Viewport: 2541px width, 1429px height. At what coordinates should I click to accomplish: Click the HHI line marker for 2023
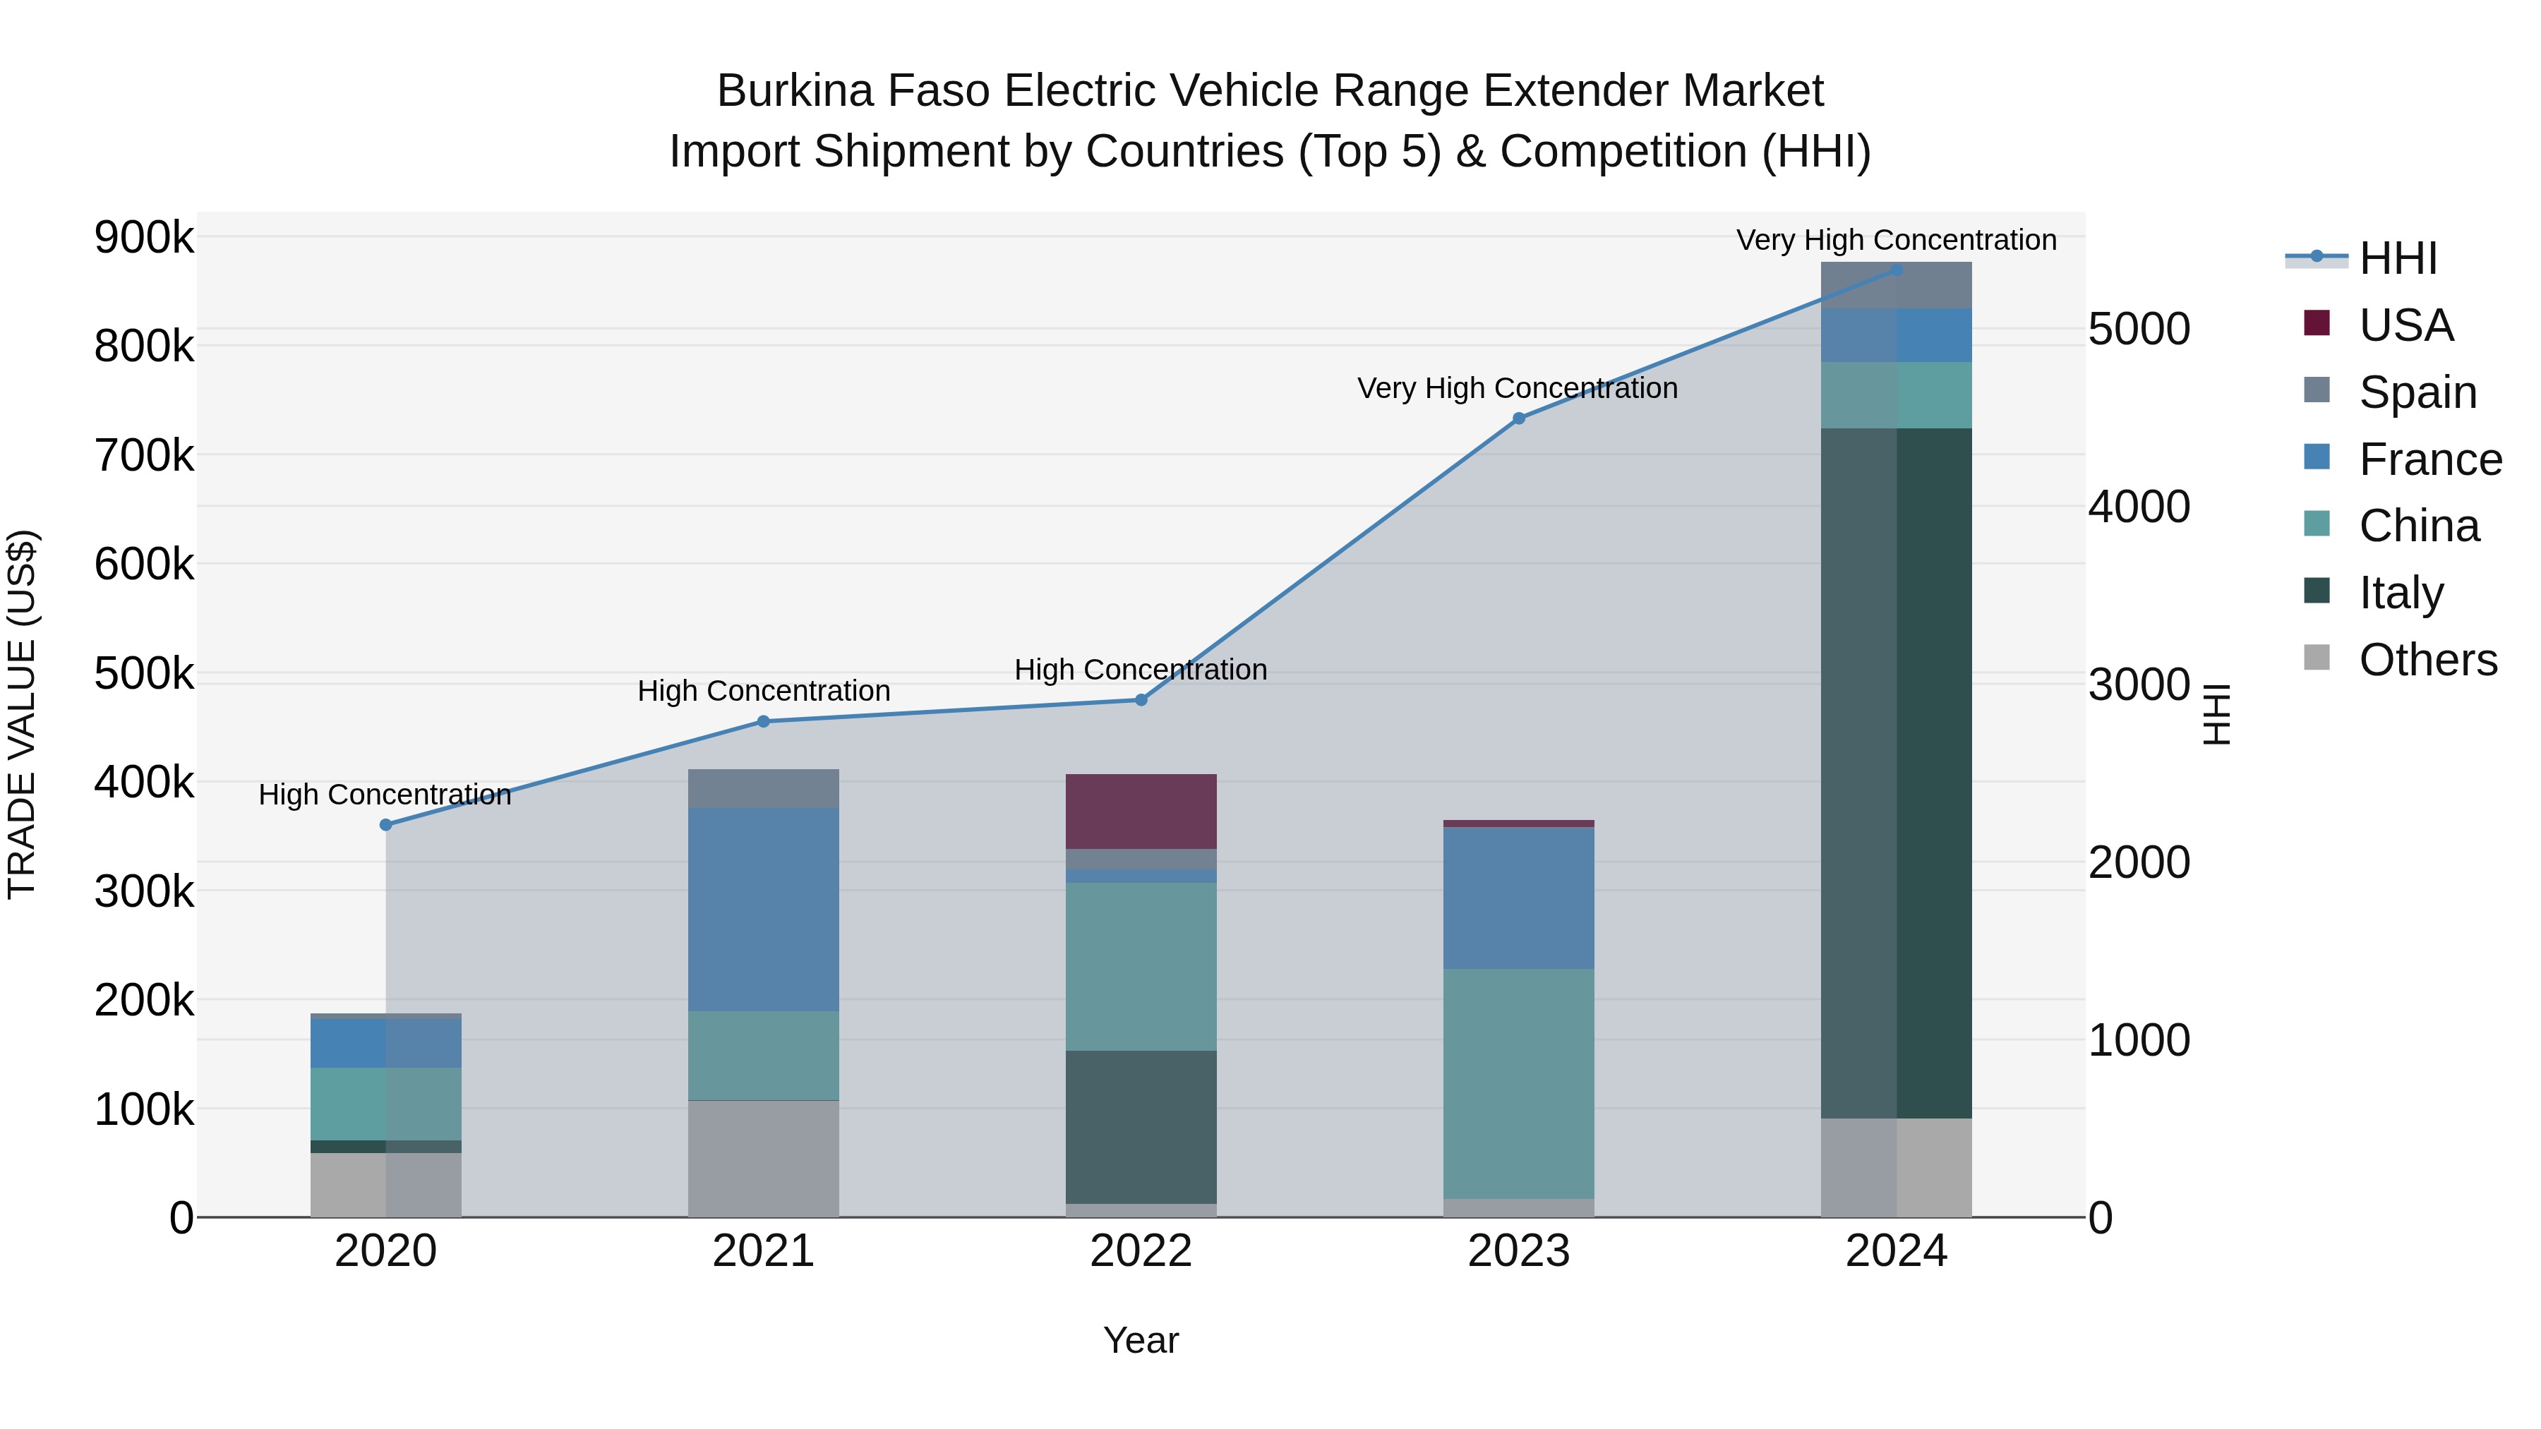(1519, 418)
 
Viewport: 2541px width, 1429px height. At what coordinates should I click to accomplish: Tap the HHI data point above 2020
(385, 824)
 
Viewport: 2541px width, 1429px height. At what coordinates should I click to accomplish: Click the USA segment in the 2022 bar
(1141, 811)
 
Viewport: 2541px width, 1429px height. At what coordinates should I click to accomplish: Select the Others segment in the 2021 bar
(764, 1158)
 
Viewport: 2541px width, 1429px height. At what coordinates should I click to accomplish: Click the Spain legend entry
(2417, 392)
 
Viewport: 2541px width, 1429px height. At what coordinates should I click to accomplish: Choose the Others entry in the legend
(2427, 659)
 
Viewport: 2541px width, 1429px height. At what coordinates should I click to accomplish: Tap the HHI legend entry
(2397, 258)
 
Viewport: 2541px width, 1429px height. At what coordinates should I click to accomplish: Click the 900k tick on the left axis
(144, 238)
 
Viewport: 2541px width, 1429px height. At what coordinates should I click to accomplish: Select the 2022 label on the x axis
(1141, 1251)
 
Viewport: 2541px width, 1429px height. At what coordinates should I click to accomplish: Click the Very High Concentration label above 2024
(1896, 240)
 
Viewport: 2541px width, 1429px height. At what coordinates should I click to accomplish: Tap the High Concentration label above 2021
(764, 690)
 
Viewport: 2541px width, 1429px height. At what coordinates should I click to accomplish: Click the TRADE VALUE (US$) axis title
(23, 714)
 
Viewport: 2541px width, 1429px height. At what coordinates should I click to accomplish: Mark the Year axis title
(1141, 1340)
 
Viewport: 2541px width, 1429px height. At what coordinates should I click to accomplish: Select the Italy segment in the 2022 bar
(1141, 1126)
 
